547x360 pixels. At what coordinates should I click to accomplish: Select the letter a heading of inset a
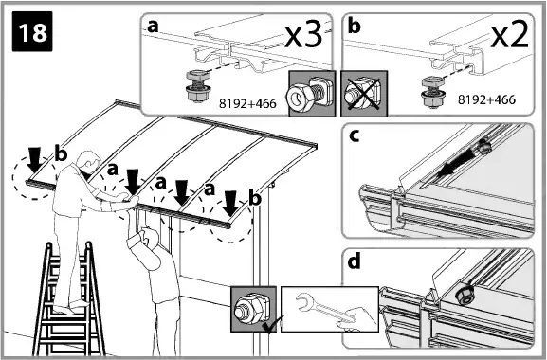152,27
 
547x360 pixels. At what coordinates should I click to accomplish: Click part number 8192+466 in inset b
486,97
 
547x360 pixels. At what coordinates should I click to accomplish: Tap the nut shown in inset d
465,295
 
